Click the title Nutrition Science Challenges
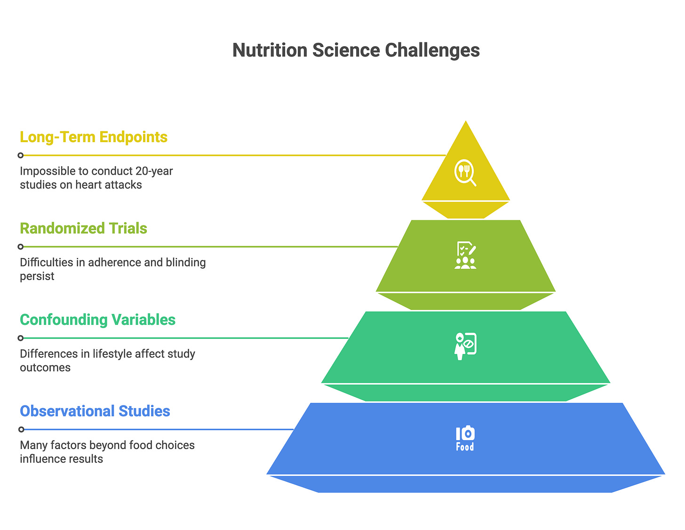pos(356,50)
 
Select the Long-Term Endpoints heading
pos(94,137)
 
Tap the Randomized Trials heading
pos(83,228)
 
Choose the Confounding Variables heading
pos(97,320)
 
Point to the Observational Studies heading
pos(95,411)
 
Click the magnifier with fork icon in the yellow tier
pos(465,173)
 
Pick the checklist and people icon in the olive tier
pos(465,255)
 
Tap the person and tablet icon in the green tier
pos(465,346)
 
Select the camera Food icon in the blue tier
pos(465,438)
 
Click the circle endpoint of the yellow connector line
pos(21,155)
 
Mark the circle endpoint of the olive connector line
pos(21,247)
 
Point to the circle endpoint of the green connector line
pos(21,338)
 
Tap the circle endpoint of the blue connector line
pos(21,429)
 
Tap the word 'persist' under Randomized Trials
pos(37,276)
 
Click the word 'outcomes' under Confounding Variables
pos(45,367)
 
